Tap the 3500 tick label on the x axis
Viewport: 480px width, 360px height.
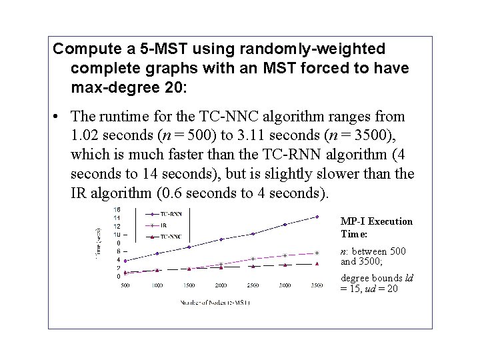(317, 285)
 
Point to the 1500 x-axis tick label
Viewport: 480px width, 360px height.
(189, 285)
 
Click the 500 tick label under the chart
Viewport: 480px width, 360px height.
(125, 285)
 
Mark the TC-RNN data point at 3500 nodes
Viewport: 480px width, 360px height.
(317, 217)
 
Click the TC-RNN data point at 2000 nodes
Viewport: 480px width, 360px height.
(221, 239)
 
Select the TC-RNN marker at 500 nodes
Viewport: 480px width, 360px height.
(125, 261)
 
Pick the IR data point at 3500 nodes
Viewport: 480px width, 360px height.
(317, 253)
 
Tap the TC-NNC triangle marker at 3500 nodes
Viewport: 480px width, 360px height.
(317, 264)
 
